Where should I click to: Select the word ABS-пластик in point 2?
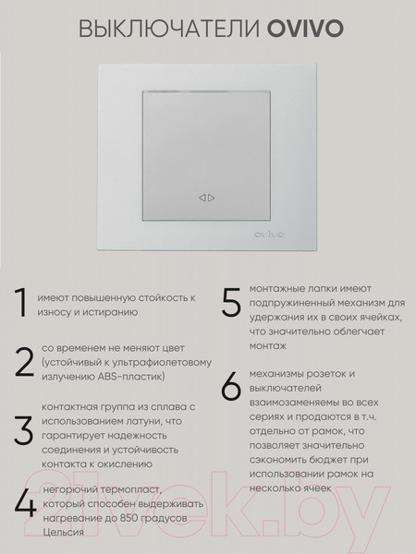point(128,379)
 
